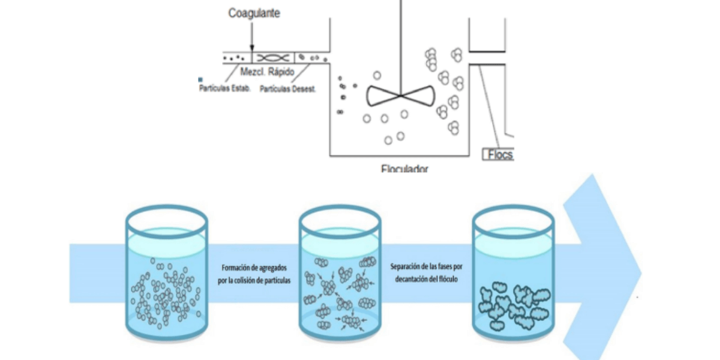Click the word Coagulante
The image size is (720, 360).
(x=254, y=13)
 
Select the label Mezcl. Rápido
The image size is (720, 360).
(x=267, y=72)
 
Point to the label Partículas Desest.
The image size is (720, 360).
(x=288, y=89)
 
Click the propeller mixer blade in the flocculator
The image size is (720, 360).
(x=400, y=95)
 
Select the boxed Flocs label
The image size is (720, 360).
(x=499, y=154)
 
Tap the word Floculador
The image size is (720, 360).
(x=404, y=169)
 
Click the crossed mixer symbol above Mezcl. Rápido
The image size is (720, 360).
(x=272, y=58)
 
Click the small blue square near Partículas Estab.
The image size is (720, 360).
(x=200, y=79)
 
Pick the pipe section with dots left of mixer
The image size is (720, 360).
(x=237, y=58)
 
